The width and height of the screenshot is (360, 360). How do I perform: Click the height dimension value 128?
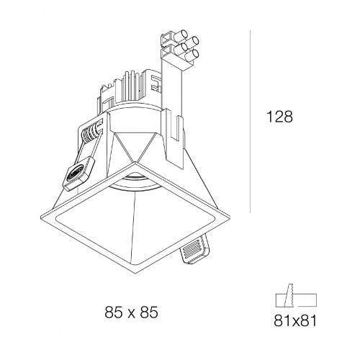pos(279,117)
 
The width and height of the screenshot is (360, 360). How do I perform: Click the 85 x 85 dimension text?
pos(132,312)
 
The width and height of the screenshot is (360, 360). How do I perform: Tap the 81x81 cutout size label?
pos(295,320)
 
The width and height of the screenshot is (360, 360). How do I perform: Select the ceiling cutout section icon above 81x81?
pos(296,297)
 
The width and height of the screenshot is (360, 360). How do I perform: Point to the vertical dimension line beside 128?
pos(251,122)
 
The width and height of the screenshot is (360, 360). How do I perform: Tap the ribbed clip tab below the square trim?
pos(195,250)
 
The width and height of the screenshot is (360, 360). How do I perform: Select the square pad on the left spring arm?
pos(78,174)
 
